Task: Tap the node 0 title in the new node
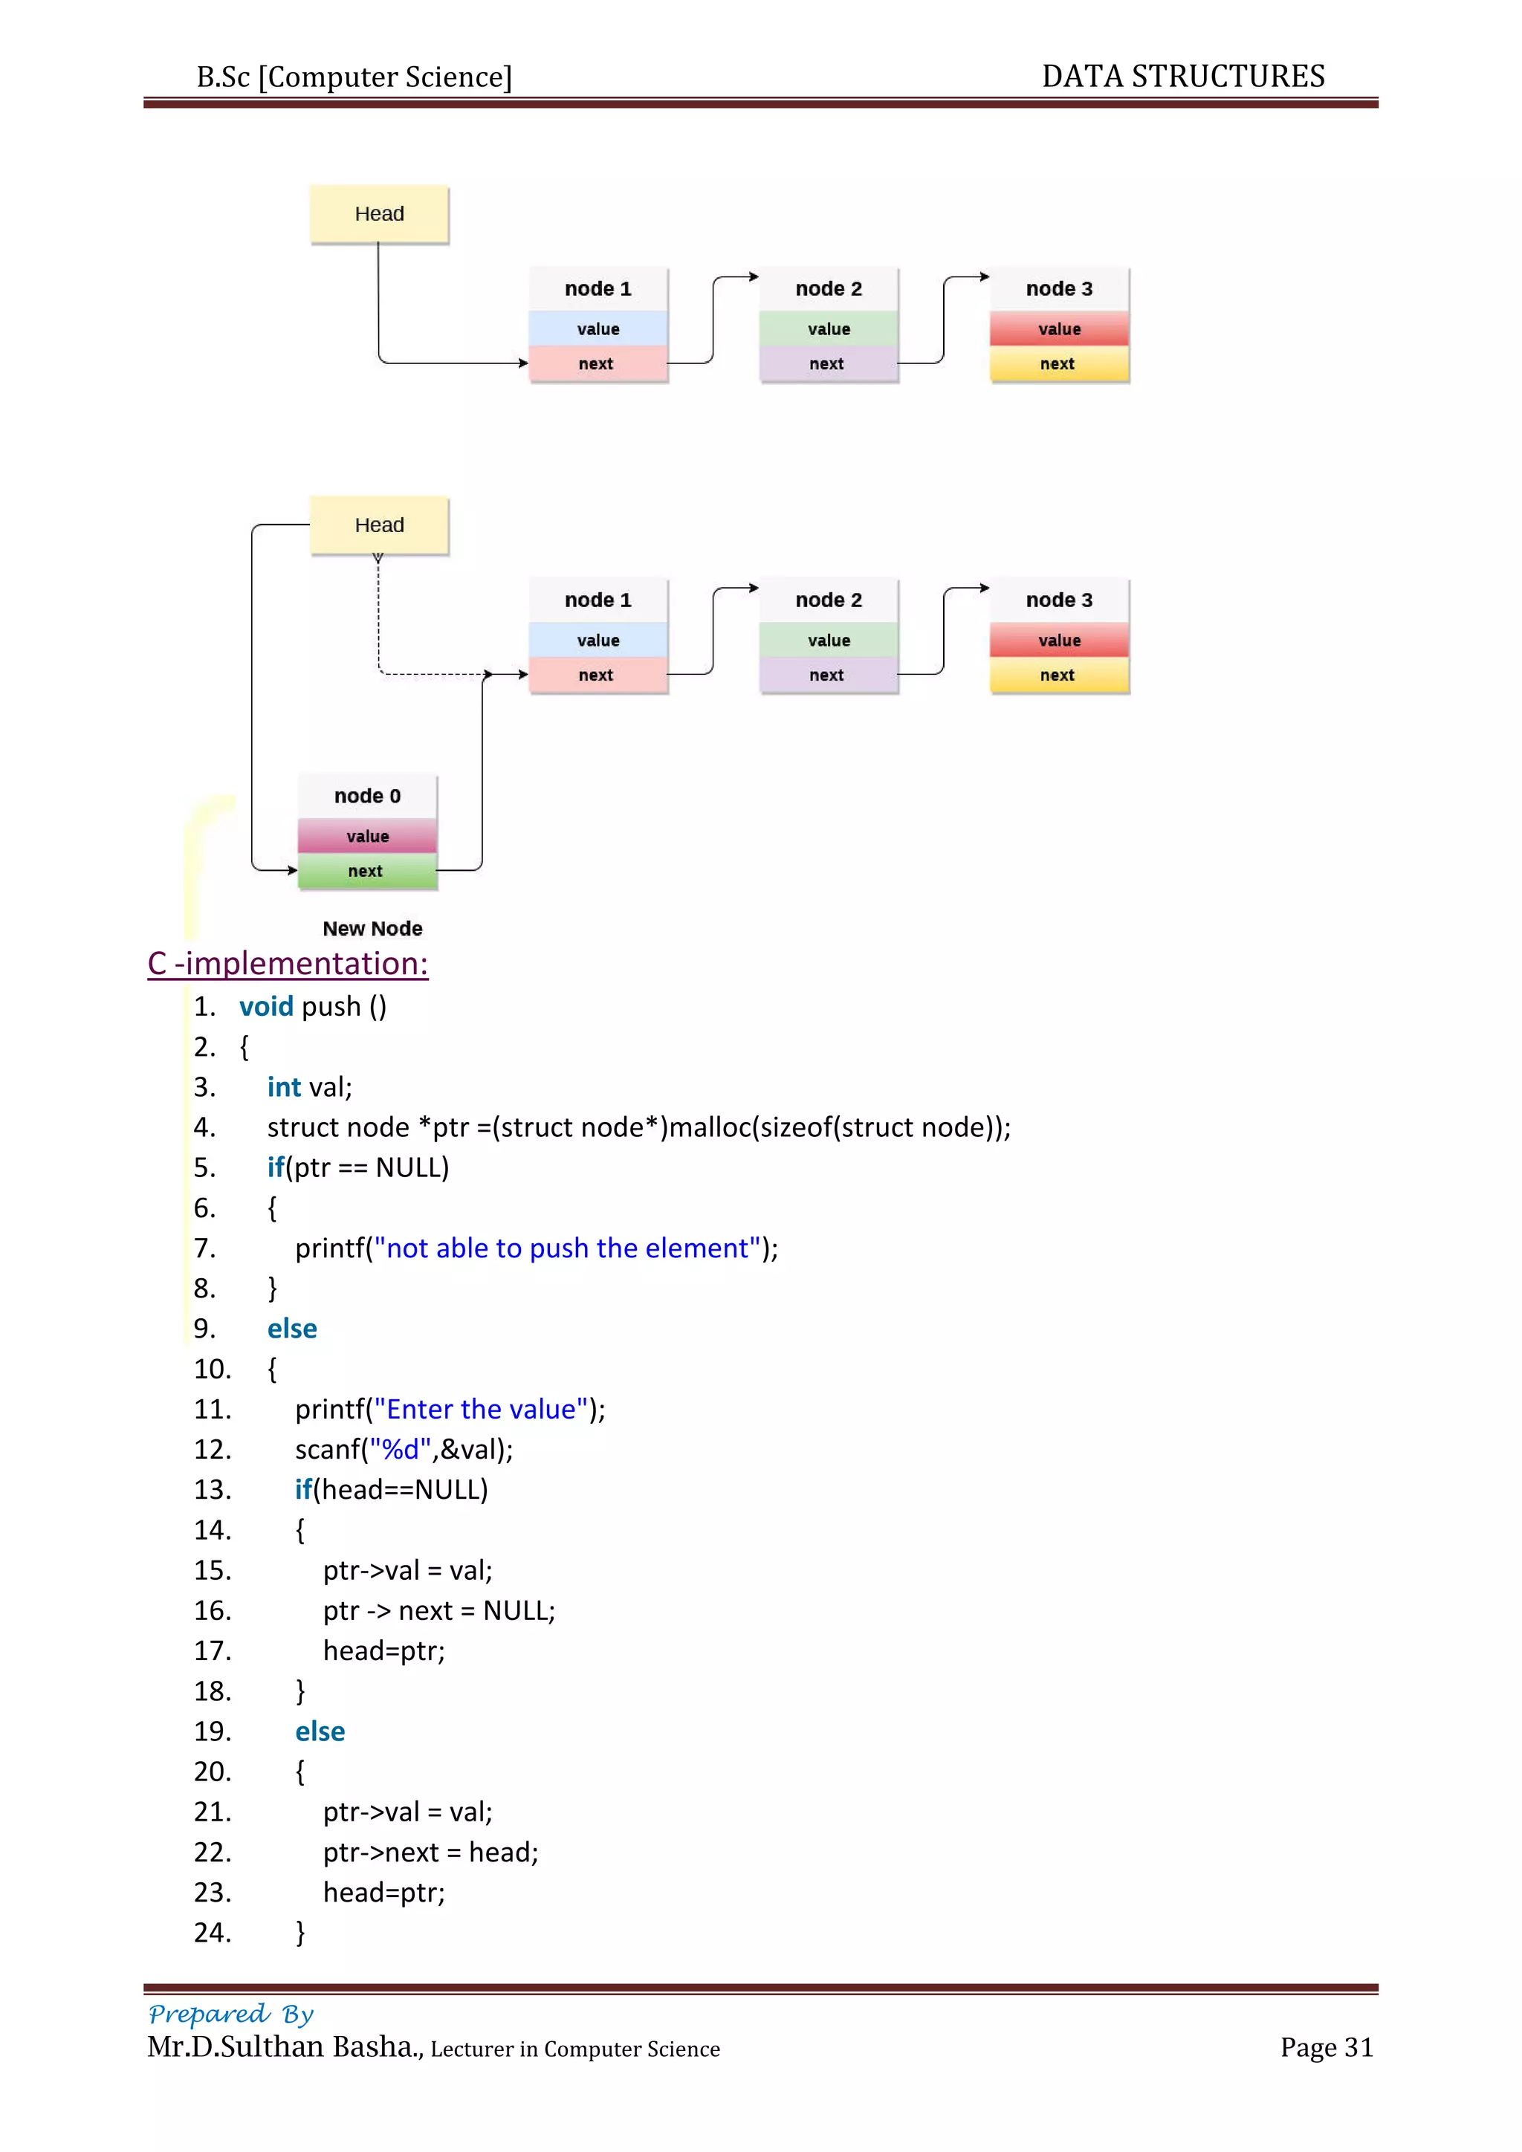tap(367, 796)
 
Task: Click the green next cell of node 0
tap(366, 871)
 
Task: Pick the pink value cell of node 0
tap(367, 836)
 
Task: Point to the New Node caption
tap(372, 928)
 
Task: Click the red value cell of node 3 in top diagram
tap(1059, 329)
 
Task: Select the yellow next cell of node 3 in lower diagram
tap(1058, 675)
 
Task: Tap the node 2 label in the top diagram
tap(829, 288)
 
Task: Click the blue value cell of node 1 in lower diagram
tap(598, 640)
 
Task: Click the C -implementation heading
tap(288, 964)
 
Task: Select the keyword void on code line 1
tap(266, 1007)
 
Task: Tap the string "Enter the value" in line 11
tap(481, 1409)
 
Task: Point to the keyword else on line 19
tap(320, 1731)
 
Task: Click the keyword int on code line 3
tap(283, 1087)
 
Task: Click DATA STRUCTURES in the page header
tap(1182, 76)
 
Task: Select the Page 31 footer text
tap(1326, 2047)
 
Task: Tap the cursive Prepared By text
tap(231, 2013)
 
